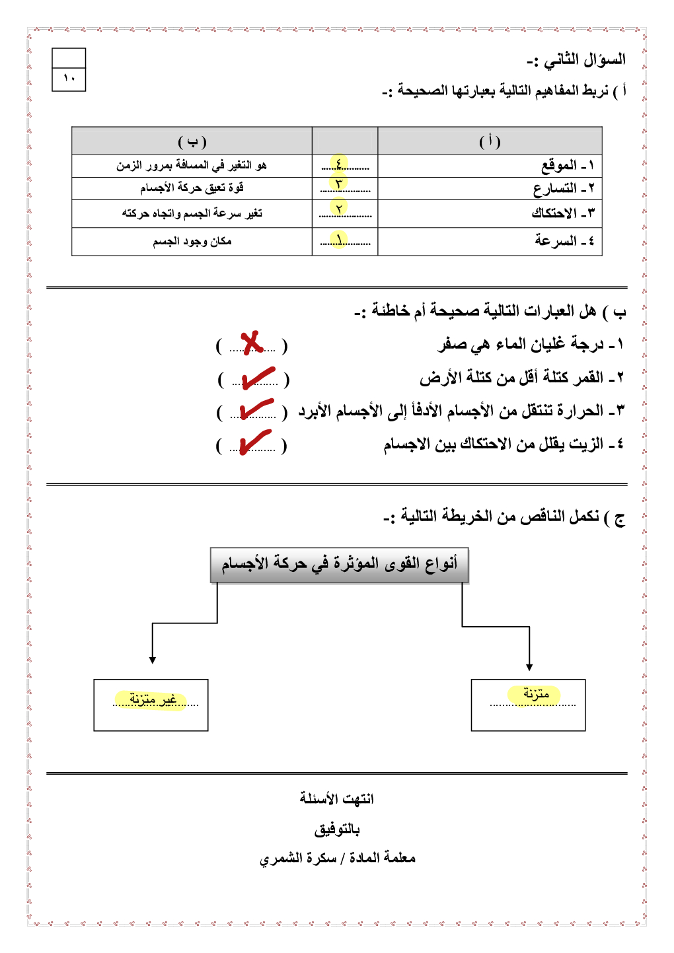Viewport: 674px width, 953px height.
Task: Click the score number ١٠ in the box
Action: click(x=69, y=79)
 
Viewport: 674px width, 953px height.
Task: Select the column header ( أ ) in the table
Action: click(x=490, y=141)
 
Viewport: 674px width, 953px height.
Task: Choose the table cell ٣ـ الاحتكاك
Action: click(x=562, y=213)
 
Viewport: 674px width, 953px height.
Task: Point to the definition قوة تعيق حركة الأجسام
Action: click(x=192, y=188)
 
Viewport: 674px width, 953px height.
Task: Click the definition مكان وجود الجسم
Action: click(x=192, y=242)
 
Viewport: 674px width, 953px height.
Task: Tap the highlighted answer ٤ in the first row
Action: click(x=339, y=164)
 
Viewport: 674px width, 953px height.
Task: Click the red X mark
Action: click(x=252, y=343)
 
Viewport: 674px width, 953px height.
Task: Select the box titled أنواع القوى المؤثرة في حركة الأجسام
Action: click(x=339, y=565)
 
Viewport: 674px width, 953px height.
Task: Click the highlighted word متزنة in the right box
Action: click(x=535, y=694)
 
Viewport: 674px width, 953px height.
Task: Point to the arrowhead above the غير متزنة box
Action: click(x=153, y=659)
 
